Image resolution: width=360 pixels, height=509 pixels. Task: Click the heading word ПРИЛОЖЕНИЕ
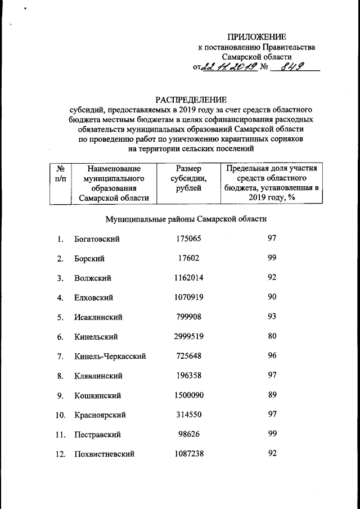tap(256, 37)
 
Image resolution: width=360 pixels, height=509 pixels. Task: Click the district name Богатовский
tap(97, 239)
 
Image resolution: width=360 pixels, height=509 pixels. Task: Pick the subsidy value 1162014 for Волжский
tap(188, 278)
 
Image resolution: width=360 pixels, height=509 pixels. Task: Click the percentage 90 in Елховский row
tap(272, 298)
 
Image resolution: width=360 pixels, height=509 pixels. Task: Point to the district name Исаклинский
tap(98, 317)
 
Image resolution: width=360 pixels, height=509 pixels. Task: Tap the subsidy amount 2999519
tap(188, 336)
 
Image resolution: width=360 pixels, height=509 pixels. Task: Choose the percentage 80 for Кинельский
tap(272, 336)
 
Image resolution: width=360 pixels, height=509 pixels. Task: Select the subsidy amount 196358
tap(188, 376)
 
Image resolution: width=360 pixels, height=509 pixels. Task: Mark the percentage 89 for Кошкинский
tap(272, 395)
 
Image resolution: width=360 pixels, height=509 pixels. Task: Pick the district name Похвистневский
tap(104, 454)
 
